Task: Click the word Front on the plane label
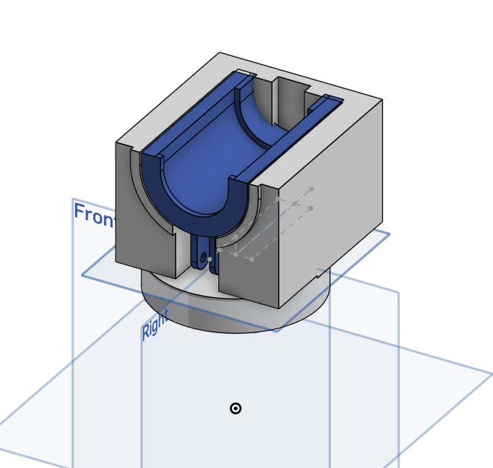(95, 215)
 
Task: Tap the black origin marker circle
(235, 408)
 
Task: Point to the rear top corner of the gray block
(220, 53)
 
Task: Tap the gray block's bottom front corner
(278, 308)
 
